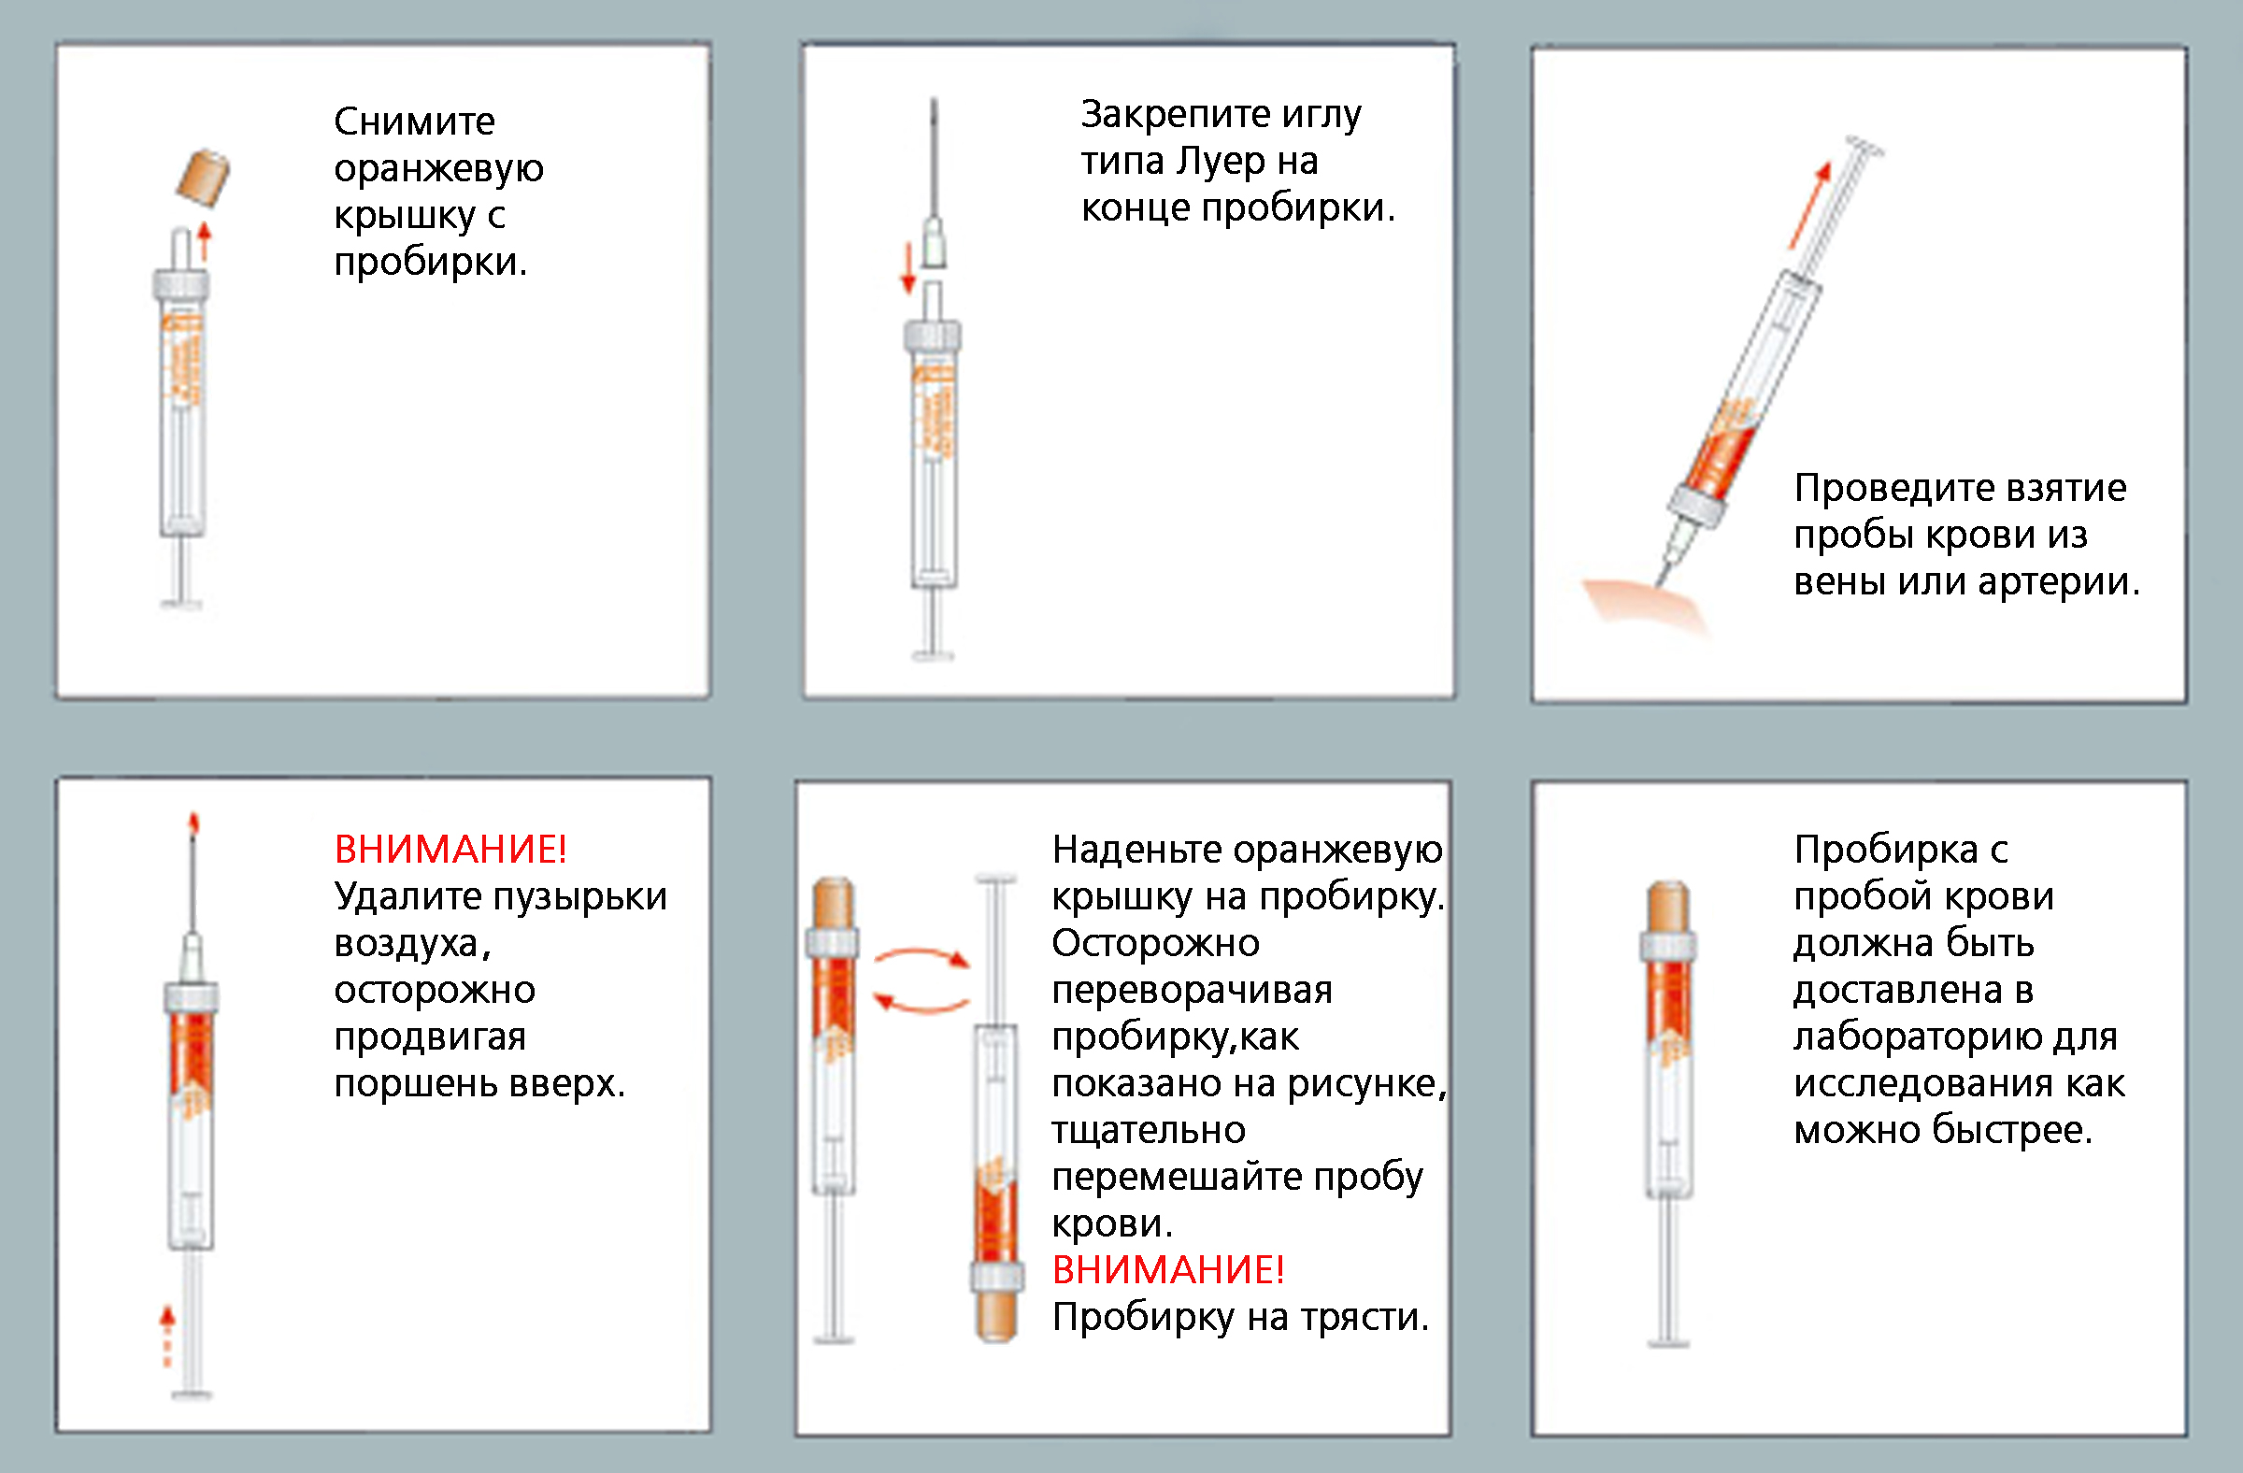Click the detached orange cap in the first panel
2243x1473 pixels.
204,178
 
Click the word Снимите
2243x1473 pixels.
415,122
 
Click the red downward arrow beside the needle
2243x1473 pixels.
908,267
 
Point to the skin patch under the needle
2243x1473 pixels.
1644,603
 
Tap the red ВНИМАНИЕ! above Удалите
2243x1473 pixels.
450,849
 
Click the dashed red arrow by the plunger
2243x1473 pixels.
167,1336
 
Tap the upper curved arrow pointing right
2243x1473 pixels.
921,957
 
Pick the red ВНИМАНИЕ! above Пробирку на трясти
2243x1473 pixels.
1168,1269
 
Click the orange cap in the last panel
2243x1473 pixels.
1669,907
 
